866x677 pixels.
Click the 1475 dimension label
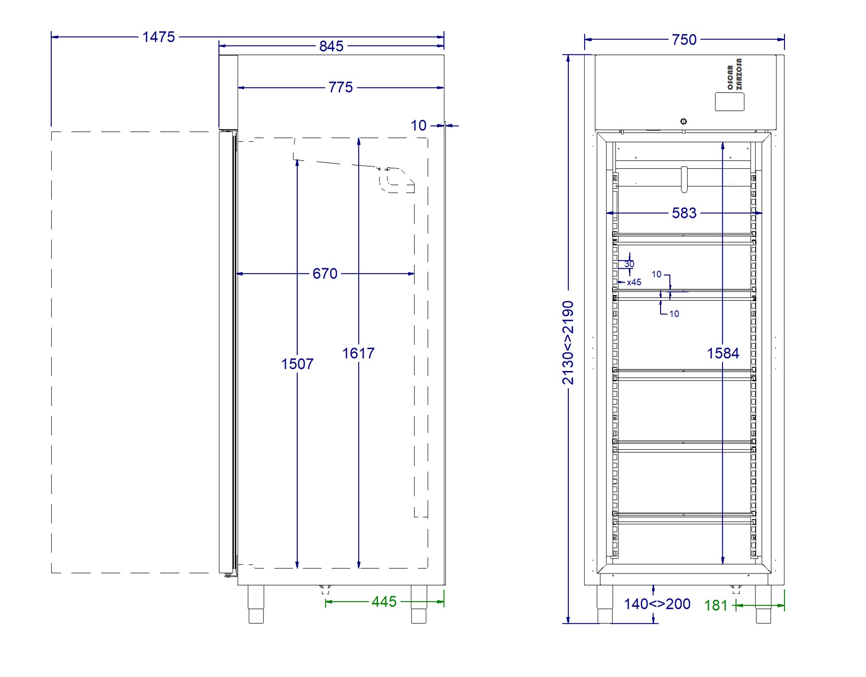pyautogui.click(x=158, y=37)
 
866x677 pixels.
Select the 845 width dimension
pyautogui.click(x=331, y=46)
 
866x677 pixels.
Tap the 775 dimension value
pyautogui.click(x=341, y=87)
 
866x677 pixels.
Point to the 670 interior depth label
pyautogui.click(x=325, y=274)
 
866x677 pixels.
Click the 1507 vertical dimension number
pyautogui.click(x=297, y=364)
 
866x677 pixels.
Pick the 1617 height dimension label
pyautogui.click(x=358, y=353)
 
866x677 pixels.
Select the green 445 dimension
pyautogui.click(x=384, y=602)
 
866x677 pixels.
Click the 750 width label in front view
pyautogui.click(x=684, y=40)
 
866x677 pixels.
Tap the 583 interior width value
pyautogui.click(x=684, y=213)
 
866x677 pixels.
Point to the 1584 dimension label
pyautogui.click(x=723, y=353)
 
